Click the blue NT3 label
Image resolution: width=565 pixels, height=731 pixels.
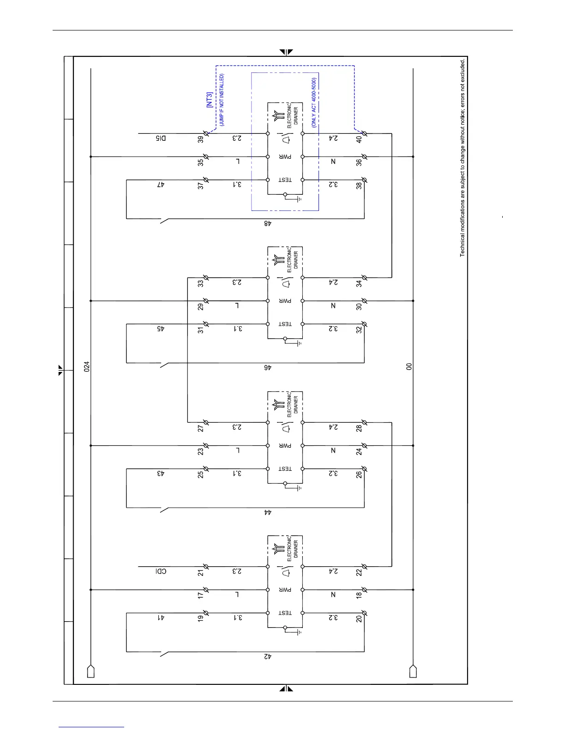click(210, 100)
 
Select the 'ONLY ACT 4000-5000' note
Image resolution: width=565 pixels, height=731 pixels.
click(314, 102)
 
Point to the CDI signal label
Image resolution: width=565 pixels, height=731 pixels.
click(160, 571)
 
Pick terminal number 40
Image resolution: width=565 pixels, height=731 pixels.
click(359, 139)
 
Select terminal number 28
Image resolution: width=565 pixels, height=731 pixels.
click(359, 428)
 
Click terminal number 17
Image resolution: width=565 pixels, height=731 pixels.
click(201, 595)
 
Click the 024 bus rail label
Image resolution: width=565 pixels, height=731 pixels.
click(86, 366)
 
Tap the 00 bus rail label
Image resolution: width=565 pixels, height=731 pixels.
click(409, 366)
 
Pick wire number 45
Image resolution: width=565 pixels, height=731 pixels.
click(160, 329)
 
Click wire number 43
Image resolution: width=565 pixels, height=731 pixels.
click(160, 473)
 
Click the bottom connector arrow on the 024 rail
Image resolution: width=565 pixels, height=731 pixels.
click(90, 671)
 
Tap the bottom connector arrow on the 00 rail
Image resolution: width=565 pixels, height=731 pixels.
click(413, 671)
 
